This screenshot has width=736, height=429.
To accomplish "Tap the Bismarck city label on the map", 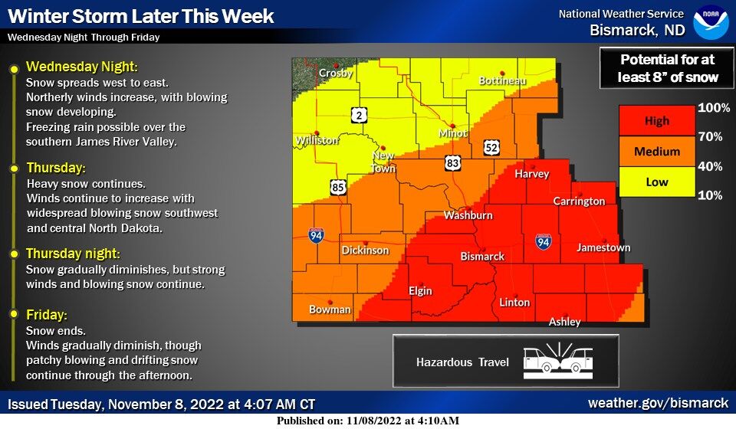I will pos(482,257).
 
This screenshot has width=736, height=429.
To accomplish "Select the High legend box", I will pos(656,121).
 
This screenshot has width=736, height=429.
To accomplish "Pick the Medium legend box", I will pos(656,152).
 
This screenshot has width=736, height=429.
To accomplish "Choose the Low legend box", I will pos(656,182).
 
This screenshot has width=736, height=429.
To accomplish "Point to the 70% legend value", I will pos(709,137).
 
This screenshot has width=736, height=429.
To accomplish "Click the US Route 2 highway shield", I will pos(359,115).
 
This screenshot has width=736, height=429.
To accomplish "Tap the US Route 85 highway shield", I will pos(338,185).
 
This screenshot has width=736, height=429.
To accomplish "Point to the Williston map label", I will pos(317,140).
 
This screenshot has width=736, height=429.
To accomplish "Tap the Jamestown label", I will pos(603,247).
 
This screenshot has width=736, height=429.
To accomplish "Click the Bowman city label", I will pos(330,309).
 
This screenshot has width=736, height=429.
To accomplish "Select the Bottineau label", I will pos(502,80).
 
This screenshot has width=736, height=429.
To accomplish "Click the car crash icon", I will pos(558,362).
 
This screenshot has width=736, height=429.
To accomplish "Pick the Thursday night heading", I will pos(74,254).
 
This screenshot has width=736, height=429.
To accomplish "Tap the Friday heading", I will pos(47,315).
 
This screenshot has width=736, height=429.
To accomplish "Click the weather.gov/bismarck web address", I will pos(658,403).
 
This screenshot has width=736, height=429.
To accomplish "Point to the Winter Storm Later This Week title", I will pos(140,15).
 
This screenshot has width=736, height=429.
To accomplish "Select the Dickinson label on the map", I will pos(365,251).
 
